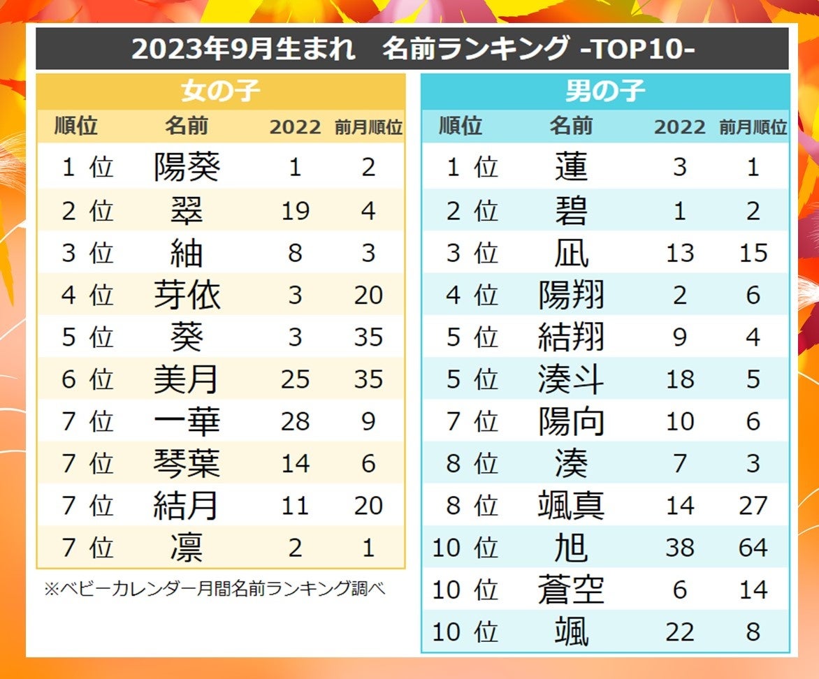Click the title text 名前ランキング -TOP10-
(538, 48)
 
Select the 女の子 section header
(220, 92)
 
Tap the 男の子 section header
(605, 92)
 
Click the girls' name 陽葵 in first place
(187, 168)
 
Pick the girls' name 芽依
(187, 295)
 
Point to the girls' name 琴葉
(187, 463)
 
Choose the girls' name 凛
(187, 548)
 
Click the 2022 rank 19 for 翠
(295, 210)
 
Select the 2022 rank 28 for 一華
(295, 421)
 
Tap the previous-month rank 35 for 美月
(368, 379)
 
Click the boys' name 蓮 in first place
(571, 168)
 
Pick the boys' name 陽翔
(571, 295)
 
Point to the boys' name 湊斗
(571, 379)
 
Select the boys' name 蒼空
(571, 590)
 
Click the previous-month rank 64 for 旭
(753, 548)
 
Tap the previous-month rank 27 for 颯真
(753, 506)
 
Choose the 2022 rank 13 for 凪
(679, 253)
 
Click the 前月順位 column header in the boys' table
(753, 127)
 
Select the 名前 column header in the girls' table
(187, 126)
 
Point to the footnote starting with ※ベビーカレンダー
(215, 589)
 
